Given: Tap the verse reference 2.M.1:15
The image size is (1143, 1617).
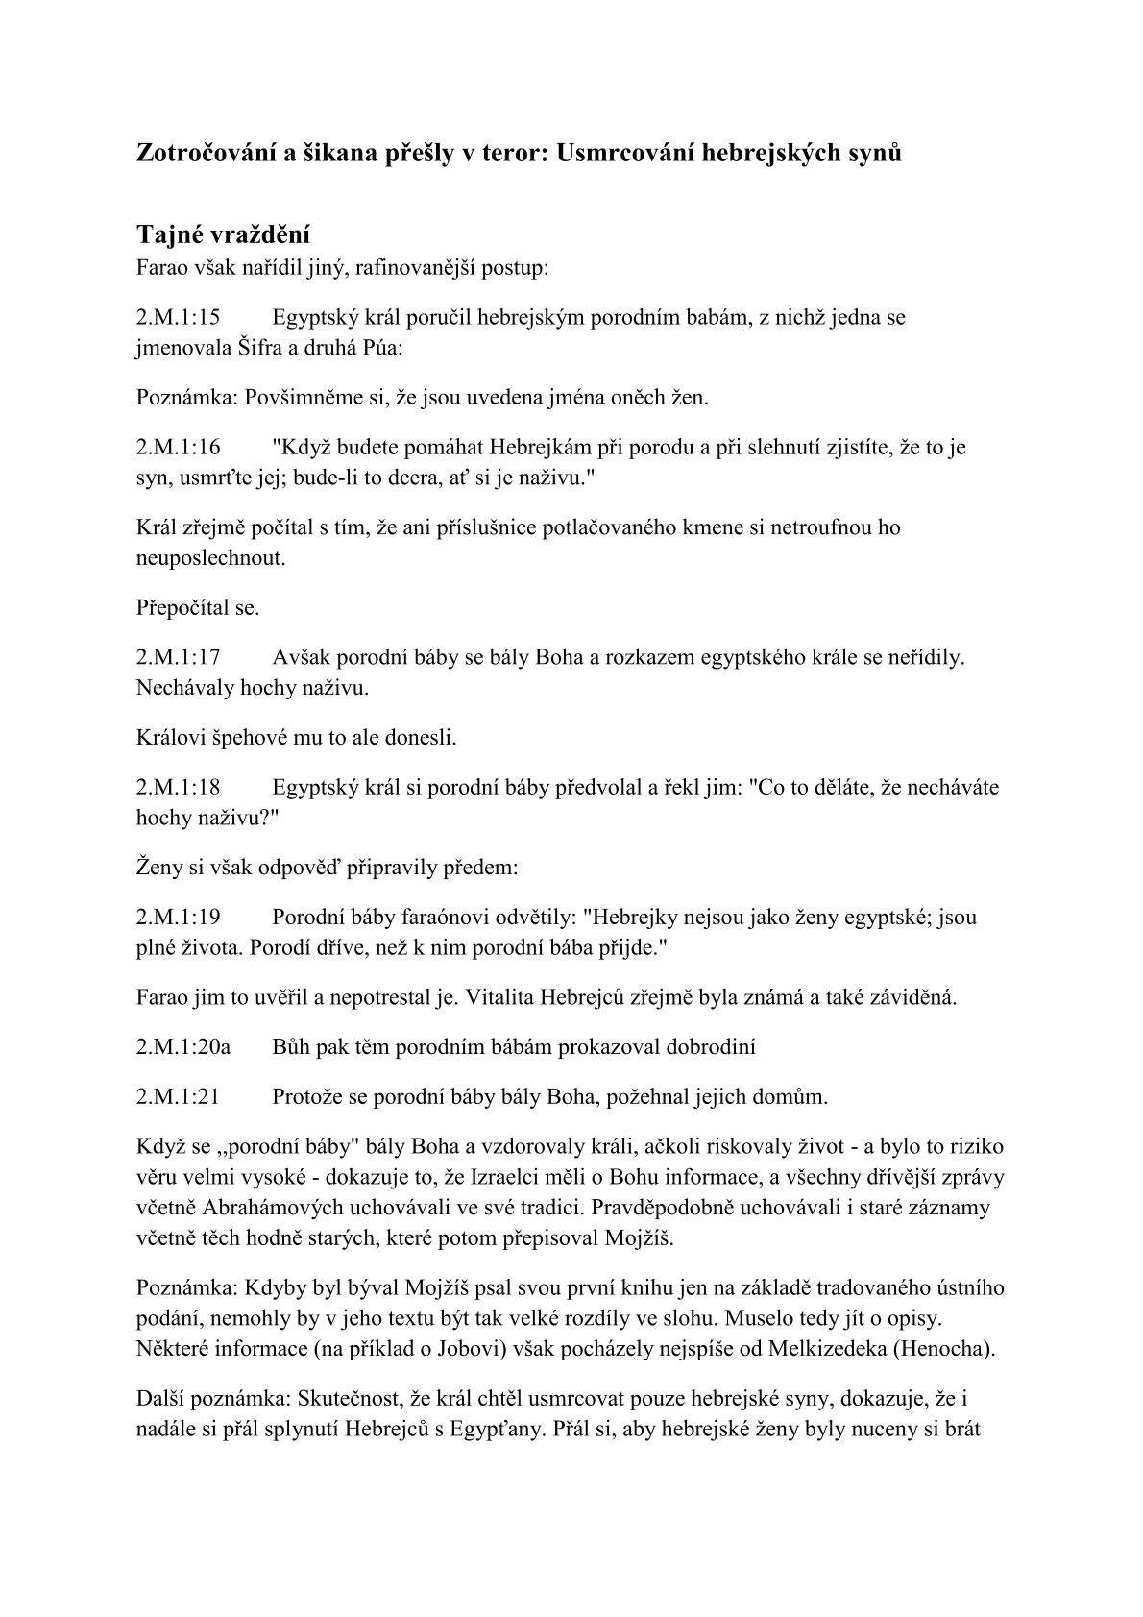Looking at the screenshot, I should coord(179,317).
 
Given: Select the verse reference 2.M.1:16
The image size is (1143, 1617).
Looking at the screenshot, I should coord(179,447).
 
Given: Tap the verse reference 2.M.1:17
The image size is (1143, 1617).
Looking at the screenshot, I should coord(179,658).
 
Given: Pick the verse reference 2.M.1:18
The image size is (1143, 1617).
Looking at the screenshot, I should coord(179,788).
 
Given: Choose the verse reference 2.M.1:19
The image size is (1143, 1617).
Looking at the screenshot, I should coord(179,918).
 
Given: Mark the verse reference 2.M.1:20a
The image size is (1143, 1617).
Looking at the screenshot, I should coord(183,1047).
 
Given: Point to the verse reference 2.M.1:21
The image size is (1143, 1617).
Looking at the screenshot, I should coord(179,1096).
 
